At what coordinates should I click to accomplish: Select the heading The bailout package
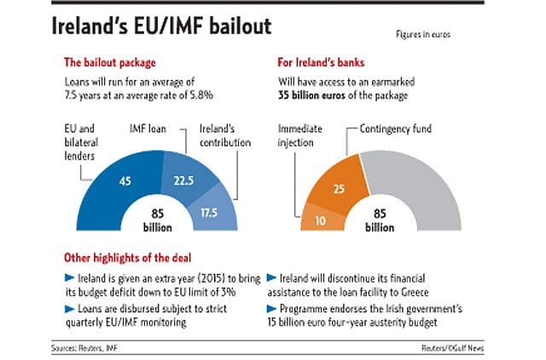tap(111, 61)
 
